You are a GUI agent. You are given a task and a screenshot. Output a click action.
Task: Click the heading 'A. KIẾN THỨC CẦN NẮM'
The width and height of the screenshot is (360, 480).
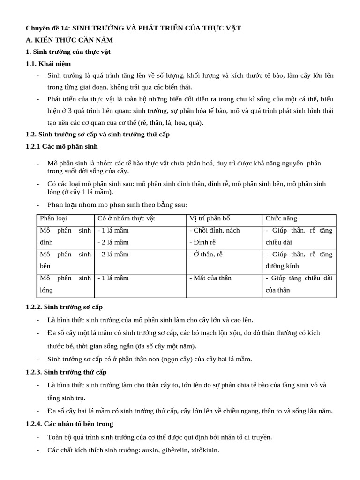point(69,40)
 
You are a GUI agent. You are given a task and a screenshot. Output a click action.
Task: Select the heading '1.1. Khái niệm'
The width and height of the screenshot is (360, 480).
point(48,64)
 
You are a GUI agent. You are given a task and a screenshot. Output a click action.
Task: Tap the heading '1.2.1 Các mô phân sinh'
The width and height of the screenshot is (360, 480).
point(62,146)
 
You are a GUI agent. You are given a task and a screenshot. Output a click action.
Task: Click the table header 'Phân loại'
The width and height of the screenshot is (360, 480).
point(53,218)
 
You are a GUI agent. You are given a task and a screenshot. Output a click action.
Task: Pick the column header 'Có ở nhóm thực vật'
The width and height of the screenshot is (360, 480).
point(126,218)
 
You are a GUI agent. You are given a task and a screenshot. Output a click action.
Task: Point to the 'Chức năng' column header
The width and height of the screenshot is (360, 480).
point(281,218)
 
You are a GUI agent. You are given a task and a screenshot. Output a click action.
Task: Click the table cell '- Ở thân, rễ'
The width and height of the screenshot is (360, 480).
point(206,254)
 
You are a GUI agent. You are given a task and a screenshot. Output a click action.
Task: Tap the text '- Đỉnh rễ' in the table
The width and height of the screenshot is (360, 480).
point(202,242)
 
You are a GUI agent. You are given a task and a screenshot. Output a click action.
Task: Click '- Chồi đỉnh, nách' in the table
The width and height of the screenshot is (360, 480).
point(214,230)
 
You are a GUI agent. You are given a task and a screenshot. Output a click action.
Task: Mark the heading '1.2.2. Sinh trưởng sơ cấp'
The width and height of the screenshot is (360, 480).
point(64,307)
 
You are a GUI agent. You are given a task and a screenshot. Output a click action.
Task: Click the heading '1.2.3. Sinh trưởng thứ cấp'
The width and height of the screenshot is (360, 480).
point(66,372)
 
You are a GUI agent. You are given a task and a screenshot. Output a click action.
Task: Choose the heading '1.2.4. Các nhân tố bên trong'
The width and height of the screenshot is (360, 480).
point(69,424)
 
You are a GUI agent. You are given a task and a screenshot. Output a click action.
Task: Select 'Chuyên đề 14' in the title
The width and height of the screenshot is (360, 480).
point(47,28)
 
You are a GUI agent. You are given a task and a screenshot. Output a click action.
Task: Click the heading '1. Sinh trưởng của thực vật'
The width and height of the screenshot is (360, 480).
point(68,52)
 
